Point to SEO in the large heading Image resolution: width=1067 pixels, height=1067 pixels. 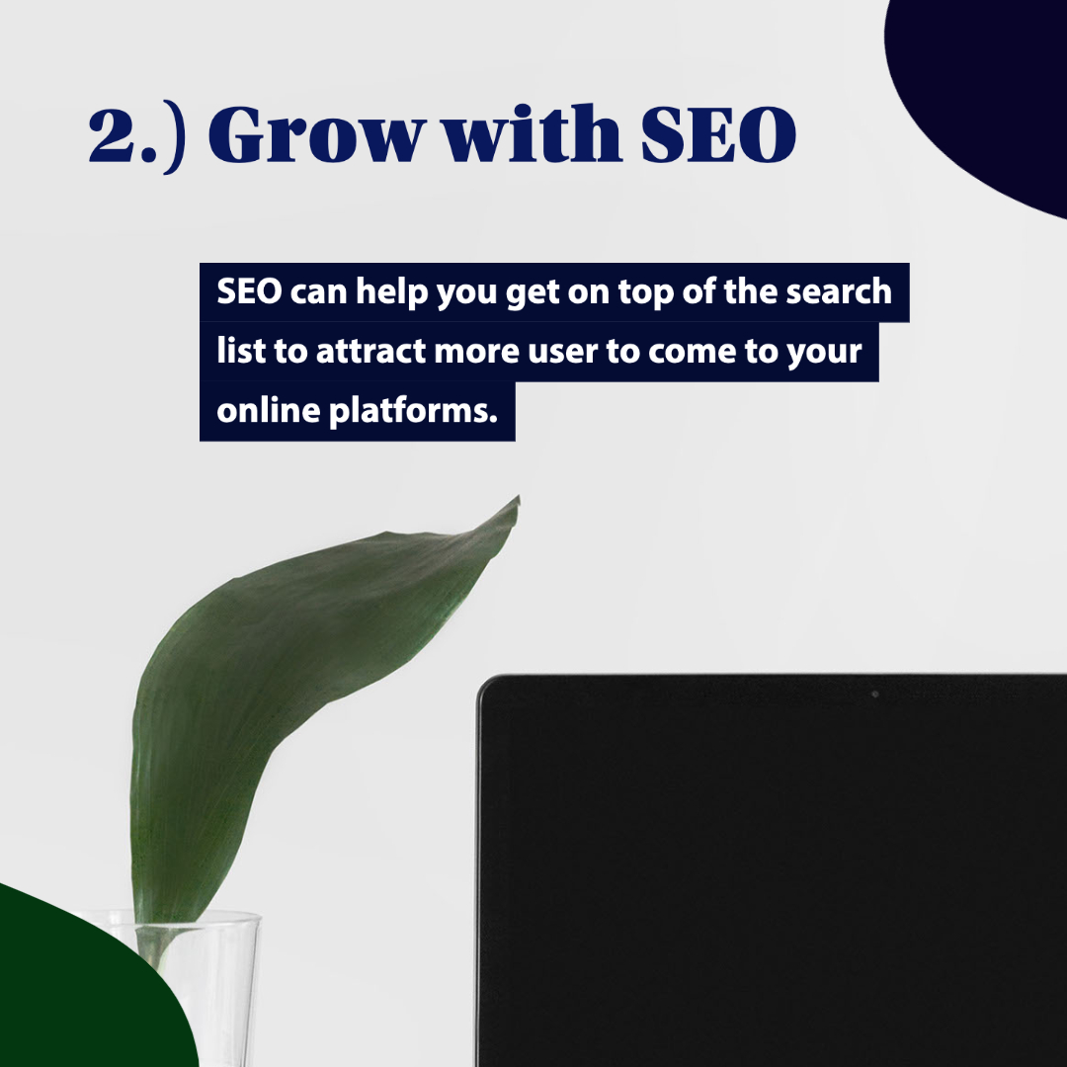tap(718, 135)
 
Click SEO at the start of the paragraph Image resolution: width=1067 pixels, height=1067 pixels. tap(250, 292)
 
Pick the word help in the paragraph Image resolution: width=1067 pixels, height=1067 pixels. tap(391, 292)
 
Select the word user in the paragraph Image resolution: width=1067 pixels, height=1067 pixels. tap(563, 352)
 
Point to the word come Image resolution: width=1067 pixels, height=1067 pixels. tap(697, 352)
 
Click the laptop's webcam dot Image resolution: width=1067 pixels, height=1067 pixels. tap(874, 695)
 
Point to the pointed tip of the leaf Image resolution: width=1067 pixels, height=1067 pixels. tap(517, 500)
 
